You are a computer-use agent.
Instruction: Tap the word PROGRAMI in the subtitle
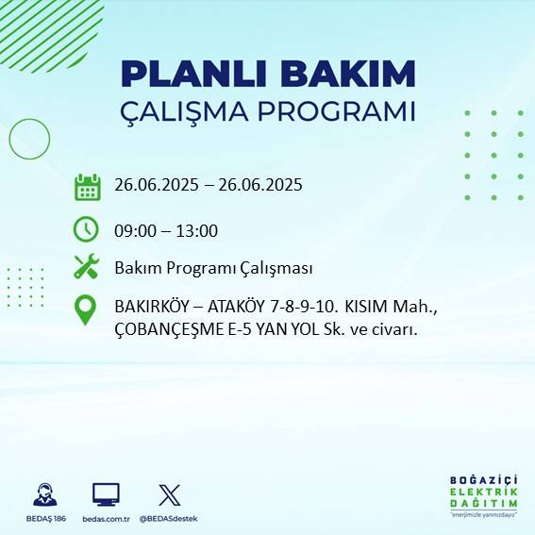[x=342, y=110]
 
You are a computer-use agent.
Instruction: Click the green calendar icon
[x=87, y=187]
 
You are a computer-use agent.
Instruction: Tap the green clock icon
[x=86, y=228]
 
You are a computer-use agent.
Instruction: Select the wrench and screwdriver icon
[x=87, y=268]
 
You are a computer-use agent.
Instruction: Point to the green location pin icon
[x=86, y=310]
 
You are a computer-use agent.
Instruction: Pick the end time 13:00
[x=197, y=230]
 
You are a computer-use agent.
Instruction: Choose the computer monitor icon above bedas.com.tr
[x=105, y=494]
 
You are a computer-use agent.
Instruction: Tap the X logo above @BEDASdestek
[x=169, y=494]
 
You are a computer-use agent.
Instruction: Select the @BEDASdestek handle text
[x=169, y=519]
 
